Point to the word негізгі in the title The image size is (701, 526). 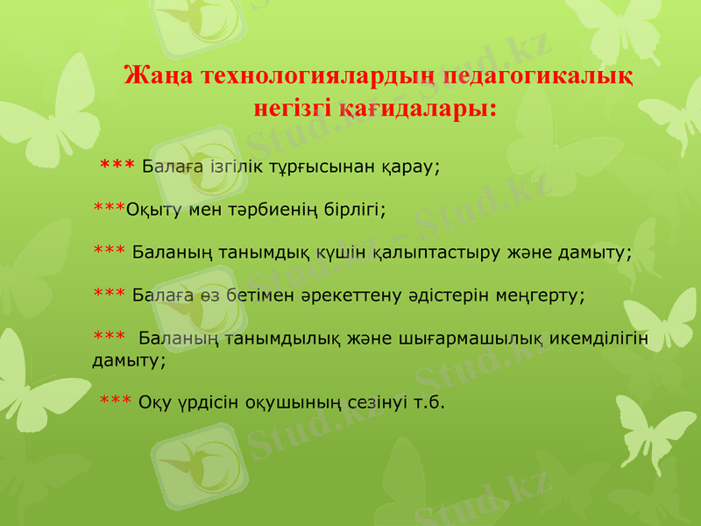(293, 109)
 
